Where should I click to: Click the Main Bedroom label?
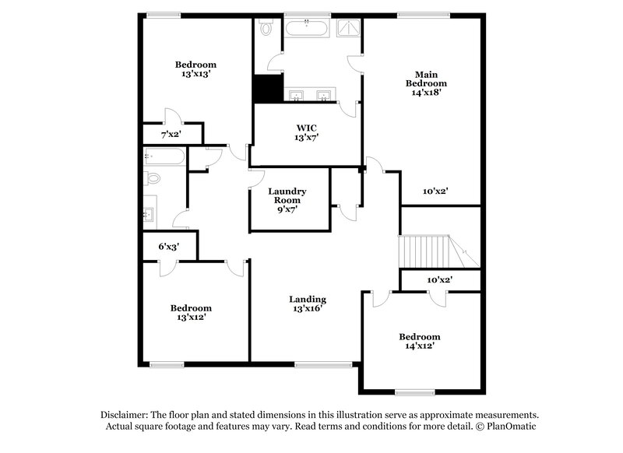(x=424, y=83)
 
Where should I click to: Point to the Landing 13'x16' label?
(x=307, y=304)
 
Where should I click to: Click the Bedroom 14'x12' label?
(x=419, y=341)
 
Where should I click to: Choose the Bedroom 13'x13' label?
(x=195, y=68)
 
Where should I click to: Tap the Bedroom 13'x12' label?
(x=191, y=312)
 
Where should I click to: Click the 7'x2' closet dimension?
(x=171, y=135)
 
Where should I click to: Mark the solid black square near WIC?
(x=268, y=88)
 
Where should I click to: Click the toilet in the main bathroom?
(x=266, y=30)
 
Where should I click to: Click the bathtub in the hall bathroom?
(x=164, y=157)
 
